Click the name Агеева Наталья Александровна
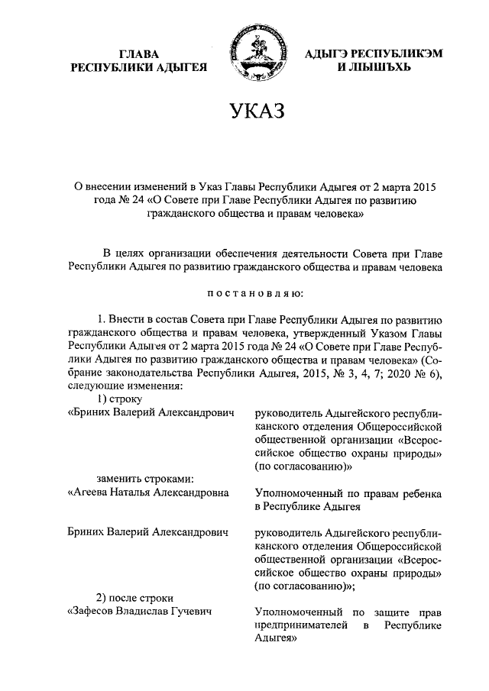pyautogui.click(x=149, y=492)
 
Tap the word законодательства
pyautogui.click(x=150, y=373)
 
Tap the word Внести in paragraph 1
pyautogui.click(x=129, y=321)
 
